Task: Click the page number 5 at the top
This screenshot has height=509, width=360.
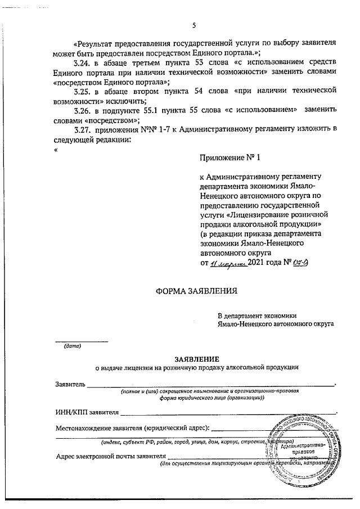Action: tap(194, 25)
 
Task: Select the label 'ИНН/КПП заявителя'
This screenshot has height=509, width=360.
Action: tap(87, 412)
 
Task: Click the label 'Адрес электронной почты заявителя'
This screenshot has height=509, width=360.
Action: tap(111, 455)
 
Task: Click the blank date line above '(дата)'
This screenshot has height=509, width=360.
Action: tap(80, 340)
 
